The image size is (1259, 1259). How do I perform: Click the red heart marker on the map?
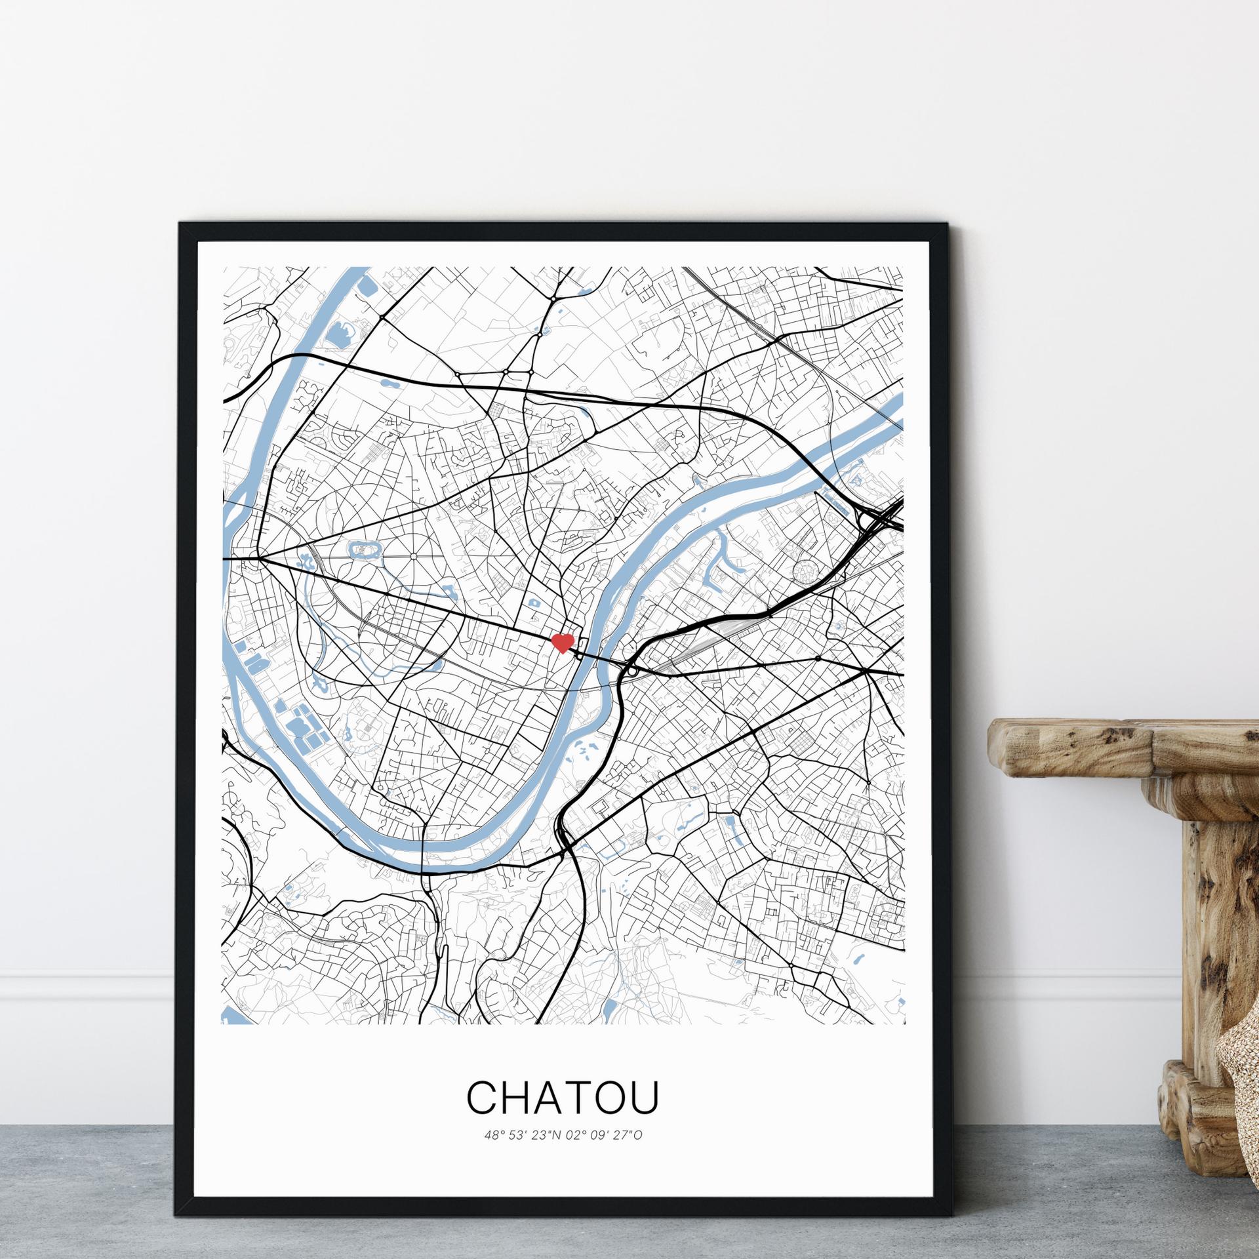(x=563, y=643)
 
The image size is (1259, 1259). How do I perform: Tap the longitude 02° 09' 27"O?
(x=605, y=1135)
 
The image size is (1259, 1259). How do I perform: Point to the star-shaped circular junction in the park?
(x=414, y=557)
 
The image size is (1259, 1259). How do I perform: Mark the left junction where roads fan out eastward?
(x=258, y=559)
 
